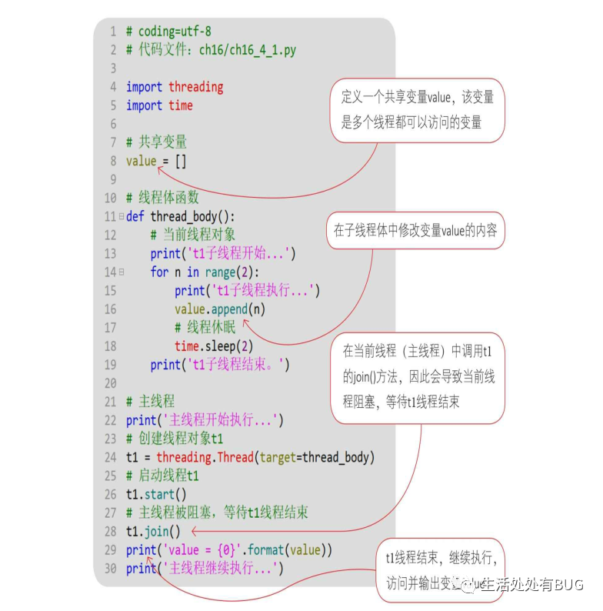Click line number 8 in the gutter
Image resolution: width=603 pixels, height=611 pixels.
pos(112,161)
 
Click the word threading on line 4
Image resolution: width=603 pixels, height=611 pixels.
pos(195,87)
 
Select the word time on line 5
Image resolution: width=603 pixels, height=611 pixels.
pos(181,105)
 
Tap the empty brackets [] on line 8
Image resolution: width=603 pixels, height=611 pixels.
pos(180,161)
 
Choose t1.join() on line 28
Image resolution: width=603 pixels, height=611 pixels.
pos(153,531)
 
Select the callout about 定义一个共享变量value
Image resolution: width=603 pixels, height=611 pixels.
pos(418,109)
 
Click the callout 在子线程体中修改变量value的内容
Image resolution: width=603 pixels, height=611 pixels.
pos(415,231)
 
